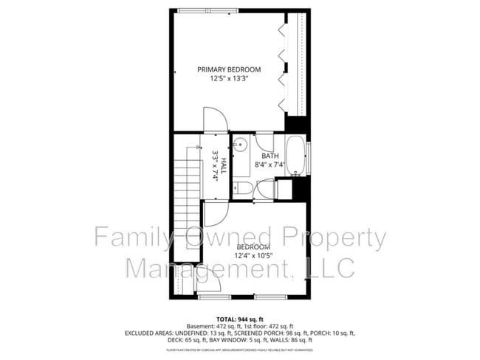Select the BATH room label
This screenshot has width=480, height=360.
pos(270,156)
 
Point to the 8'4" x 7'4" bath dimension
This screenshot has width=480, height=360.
pos(270,165)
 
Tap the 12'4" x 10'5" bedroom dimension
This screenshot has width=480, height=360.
pos(253,256)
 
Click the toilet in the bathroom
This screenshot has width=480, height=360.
pos(243,190)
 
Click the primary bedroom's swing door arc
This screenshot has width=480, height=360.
pos(214,120)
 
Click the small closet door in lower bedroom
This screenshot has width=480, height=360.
pos(210,284)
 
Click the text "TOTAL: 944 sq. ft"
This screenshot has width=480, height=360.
pos(239,318)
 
